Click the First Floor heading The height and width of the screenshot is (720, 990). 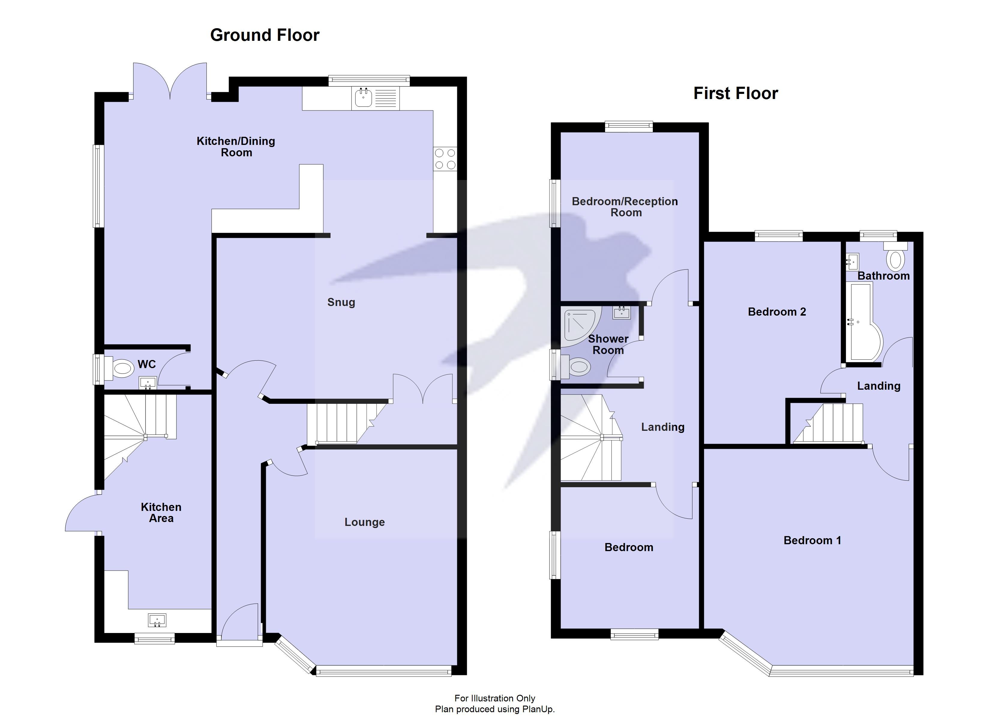(736, 93)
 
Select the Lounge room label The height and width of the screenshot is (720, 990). (364, 522)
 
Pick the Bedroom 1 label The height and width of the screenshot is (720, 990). (812, 541)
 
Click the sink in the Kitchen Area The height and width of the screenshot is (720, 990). (157, 620)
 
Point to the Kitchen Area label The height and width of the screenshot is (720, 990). (161, 513)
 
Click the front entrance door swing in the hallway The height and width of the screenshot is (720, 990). (240, 622)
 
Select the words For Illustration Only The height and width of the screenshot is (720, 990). (495, 698)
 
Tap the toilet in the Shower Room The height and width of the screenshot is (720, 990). (577, 367)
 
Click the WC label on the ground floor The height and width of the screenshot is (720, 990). (147, 364)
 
